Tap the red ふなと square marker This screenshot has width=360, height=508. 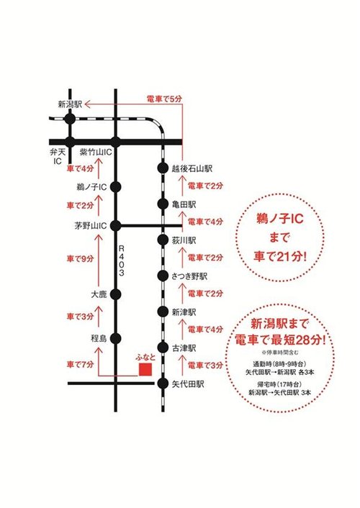pos(145,369)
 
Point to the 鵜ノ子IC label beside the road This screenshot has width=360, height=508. pos(91,187)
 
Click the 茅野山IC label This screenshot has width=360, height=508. pos(91,224)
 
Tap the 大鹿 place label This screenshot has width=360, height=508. pos(99,295)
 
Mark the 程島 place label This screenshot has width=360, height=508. pos(99,337)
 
